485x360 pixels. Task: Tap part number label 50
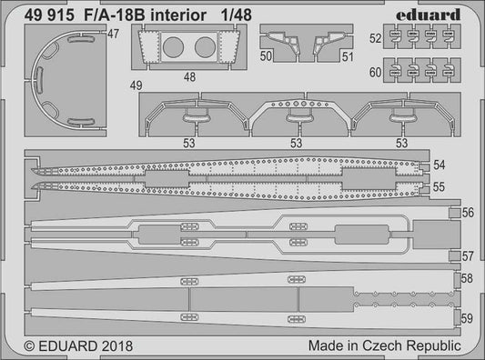coord(266,56)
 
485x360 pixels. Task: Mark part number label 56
coord(468,213)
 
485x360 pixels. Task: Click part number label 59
coord(467,318)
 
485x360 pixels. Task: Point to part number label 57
coord(468,255)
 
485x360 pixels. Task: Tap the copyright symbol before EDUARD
coord(15,346)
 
